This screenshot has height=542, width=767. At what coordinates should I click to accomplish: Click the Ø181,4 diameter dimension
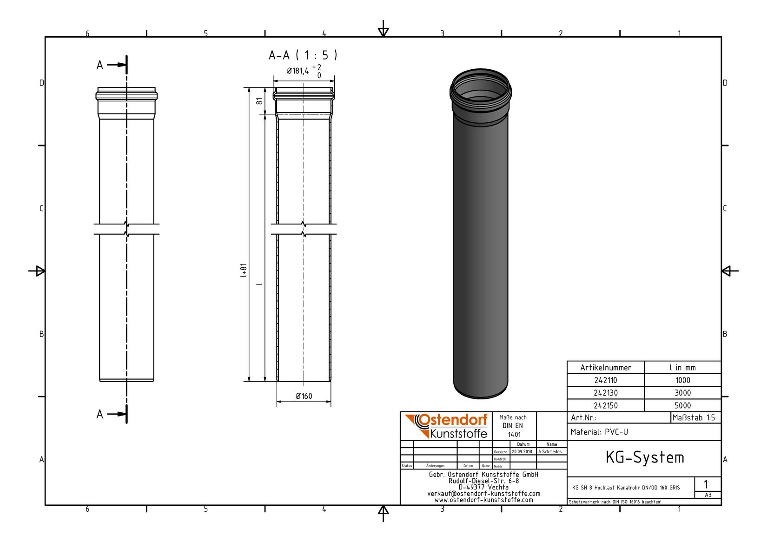[x=298, y=71]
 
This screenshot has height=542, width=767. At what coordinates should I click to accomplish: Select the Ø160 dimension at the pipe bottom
[x=304, y=396]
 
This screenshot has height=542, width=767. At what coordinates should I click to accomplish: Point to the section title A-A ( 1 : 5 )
[x=303, y=55]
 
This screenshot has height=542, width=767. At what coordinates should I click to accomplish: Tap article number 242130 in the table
[x=605, y=393]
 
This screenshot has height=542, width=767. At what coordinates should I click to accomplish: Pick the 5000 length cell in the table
[x=682, y=405]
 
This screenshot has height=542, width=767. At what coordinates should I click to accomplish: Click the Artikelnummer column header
[x=605, y=368]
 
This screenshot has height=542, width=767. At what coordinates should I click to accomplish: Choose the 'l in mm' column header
[x=682, y=368]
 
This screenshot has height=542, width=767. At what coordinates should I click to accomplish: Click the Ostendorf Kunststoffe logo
[x=447, y=426]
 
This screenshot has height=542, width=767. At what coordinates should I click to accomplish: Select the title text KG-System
[x=644, y=458]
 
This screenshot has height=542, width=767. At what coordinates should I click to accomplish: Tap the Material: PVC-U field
[x=599, y=432]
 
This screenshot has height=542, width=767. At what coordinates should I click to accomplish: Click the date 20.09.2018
[x=522, y=451]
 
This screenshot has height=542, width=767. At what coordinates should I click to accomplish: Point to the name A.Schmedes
[x=550, y=451]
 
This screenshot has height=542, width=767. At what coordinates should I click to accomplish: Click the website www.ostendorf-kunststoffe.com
[x=483, y=500]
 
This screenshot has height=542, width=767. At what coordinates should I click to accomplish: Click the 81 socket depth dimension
[x=260, y=100]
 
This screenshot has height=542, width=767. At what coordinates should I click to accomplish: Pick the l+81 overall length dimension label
[x=244, y=270]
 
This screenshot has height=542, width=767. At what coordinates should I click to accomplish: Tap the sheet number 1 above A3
[x=706, y=484]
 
